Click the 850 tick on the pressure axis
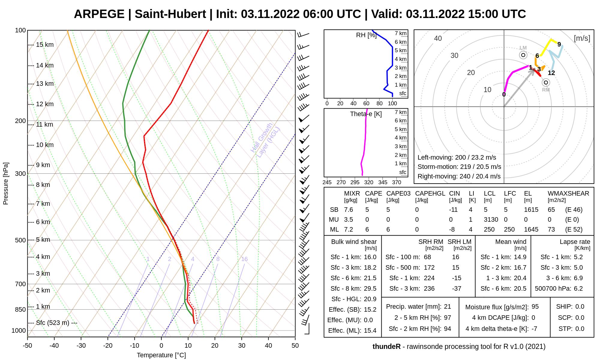(x=20, y=310)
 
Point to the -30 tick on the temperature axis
(x=81, y=346)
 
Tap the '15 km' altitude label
(x=45, y=45)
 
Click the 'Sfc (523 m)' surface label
(x=52, y=323)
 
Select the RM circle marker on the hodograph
(x=546, y=82)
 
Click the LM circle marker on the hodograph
(x=523, y=55)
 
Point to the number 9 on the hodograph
(x=559, y=44)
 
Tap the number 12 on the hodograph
(x=551, y=73)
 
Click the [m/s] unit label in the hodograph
(x=582, y=38)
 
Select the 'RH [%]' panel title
(x=366, y=35)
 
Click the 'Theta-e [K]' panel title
(x=366, y=114)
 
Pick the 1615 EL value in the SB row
(x=531, y=210)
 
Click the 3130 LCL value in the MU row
(x=491, y=220)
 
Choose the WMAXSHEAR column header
(x=568, y=193)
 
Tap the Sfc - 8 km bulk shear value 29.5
(x=370, y=289)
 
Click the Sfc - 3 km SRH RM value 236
(x=429, y=289)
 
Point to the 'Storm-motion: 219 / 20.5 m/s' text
(x=459, y=167)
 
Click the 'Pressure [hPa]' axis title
(x=6, y=184)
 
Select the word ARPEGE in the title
(x=99, y=14)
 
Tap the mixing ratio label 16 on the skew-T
(x=244, y=259)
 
